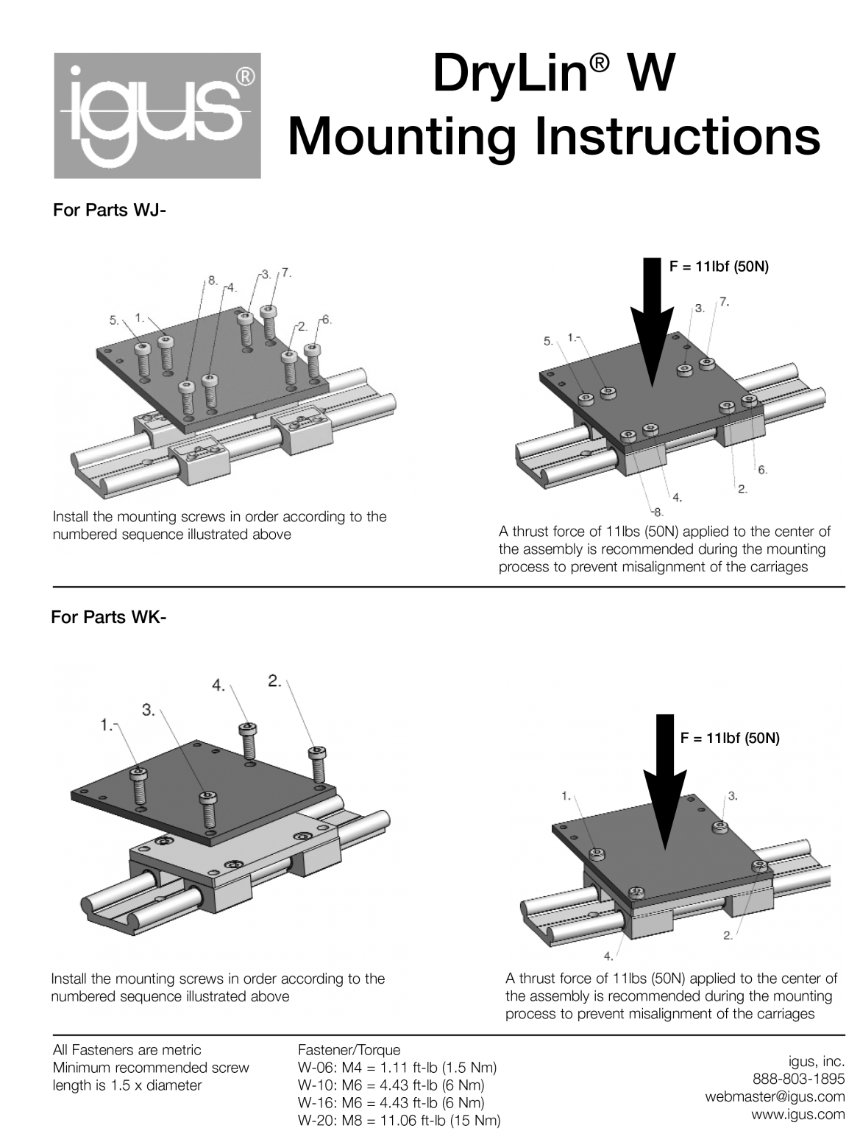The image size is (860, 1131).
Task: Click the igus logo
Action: coord(157,116)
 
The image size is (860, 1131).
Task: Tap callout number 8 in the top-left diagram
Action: coord(212,280)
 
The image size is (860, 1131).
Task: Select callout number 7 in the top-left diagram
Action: coord(285,272)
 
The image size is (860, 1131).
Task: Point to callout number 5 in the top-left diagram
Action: coord(114,320)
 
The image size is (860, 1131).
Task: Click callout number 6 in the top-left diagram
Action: coord(327,320)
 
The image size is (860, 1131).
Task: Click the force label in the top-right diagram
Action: coord(718,267)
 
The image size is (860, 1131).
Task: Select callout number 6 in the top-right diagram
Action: coord(762,470)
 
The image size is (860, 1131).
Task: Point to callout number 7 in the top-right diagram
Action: coord(724,302)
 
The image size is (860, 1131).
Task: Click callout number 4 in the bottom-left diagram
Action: coord(219,685)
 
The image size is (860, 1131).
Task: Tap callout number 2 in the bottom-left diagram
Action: coord(275,681)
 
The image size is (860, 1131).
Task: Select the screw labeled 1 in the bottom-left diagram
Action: coord(139,785)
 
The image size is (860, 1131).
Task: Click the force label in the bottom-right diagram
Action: coord(730,738)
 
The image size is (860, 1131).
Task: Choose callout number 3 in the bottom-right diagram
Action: coord(733,795)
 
